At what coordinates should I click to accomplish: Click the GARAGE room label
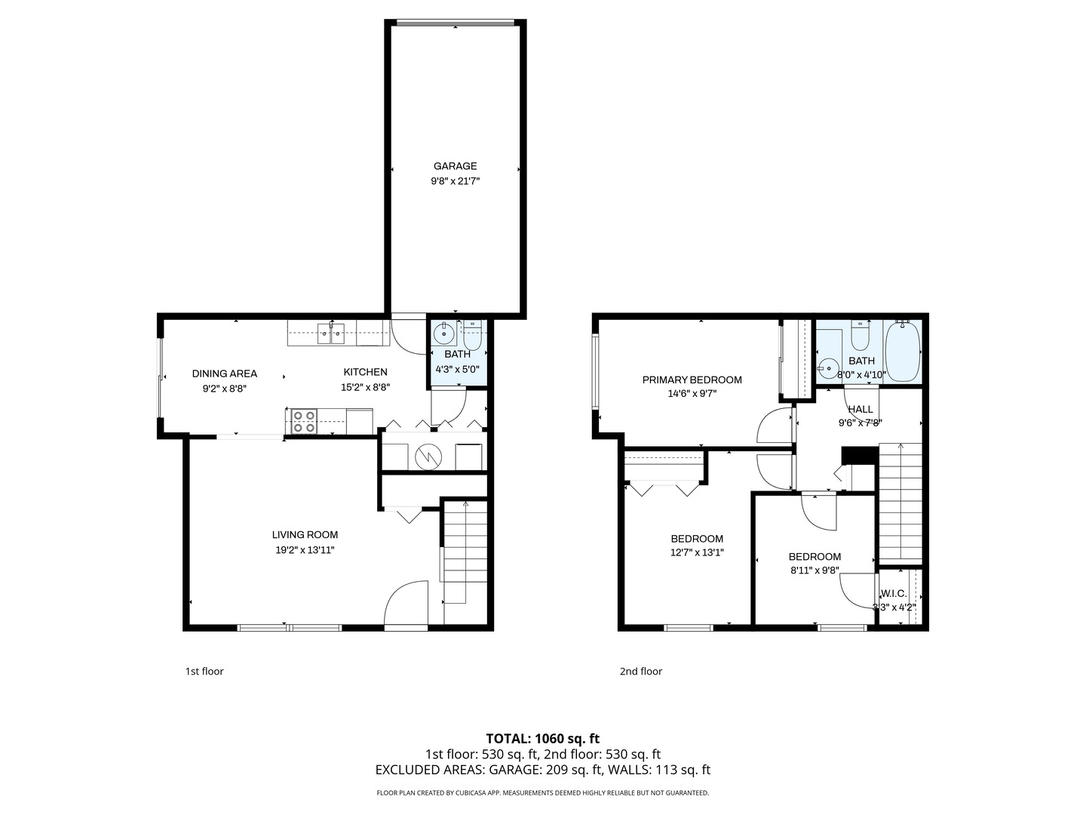pyautogui.click(x=455, y=166)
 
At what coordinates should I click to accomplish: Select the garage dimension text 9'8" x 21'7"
pyautogui.click(x=455, y=181)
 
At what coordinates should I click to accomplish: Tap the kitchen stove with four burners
pyautogui.click(x=303, y=421)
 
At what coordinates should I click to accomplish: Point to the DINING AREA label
pyautogui.click(x=224, y=374)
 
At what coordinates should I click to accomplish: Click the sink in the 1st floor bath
pyautogui.click(x=443, y=332)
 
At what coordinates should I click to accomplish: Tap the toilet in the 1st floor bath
pyautogui.click(x=473, y=334)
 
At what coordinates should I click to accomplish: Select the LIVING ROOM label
pyautogui.click(x=305, y=535)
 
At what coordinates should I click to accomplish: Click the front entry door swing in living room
pyautogui.click(x=407, y=603)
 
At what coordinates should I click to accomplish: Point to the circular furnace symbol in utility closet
pyautogui.click(x=428, y=456)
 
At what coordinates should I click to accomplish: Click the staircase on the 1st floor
pyautogui.click(x=465, y=558)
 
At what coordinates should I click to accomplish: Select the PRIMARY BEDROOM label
pyautogui.click(x=692, y=380)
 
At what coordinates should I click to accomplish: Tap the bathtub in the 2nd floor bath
pyautogui.click(x=902, y=351)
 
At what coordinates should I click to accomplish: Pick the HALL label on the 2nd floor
pyautogui.click(x=860, y=410)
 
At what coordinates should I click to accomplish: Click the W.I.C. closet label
pyautogui.click(x=894, y=594)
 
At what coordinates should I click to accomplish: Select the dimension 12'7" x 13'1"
pyautogui.click(x=697, y=552)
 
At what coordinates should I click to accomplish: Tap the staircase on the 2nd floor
pyautogui.click(x=900, y=502)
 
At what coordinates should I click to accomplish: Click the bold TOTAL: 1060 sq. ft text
pyautogui.click(x=542, y=739)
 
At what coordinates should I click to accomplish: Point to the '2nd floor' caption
pyautogui.click(x=640, y=672)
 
